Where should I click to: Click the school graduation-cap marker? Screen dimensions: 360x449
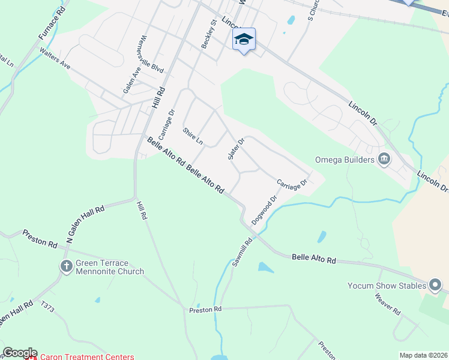tap(244, 40)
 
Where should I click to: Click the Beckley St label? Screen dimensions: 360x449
tap(208, 35)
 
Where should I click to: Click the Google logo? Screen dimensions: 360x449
tap(20, 353)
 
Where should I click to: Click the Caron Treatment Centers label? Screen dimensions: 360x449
tap(87, 356)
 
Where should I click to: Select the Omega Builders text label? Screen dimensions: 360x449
tap(345, 160)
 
